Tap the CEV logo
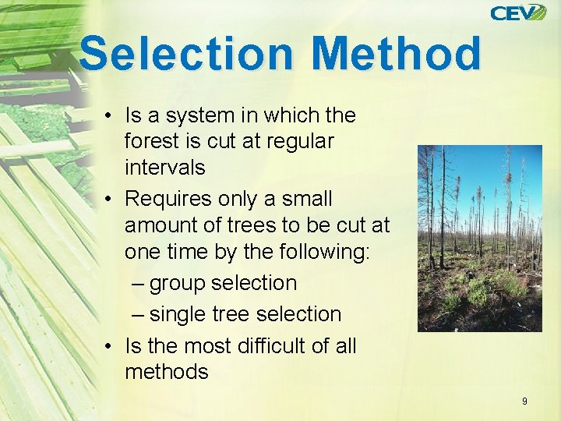pyautogui.click(x=518, y=12)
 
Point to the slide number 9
pyautogui.click(x=524, y=401)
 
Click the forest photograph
pyautogui.click(x=479, y=239)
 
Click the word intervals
pyautogui.click(x=164, y=168)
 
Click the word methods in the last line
pyautogui.click(x=166, y=372)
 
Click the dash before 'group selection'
pyautogui.click(x=138, y=284)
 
